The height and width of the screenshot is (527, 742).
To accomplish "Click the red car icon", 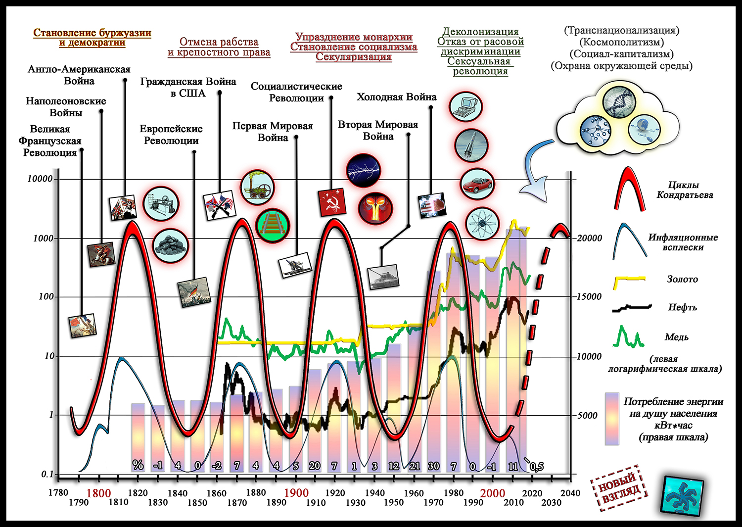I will tap(477, 184).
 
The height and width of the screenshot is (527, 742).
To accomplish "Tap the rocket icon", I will tap(471, 145).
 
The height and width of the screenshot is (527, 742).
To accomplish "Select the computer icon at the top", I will tap(465, 106).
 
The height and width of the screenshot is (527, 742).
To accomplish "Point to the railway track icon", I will tap(272, 224).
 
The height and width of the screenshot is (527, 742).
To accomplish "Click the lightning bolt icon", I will tap(364, 171).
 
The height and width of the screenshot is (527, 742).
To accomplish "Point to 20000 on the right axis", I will tap(589, 238).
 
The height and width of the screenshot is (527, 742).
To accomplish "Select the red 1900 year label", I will tap(296, 493).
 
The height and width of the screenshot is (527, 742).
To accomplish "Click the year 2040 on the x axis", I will tap(570, 493).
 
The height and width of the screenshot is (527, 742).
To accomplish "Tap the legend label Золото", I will tap(682, 279).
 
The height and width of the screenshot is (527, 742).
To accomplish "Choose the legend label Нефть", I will tap(682, 307).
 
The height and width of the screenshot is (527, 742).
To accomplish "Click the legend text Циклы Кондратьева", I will tap(684, 190).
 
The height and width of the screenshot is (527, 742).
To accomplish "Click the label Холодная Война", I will tap(396, 97).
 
